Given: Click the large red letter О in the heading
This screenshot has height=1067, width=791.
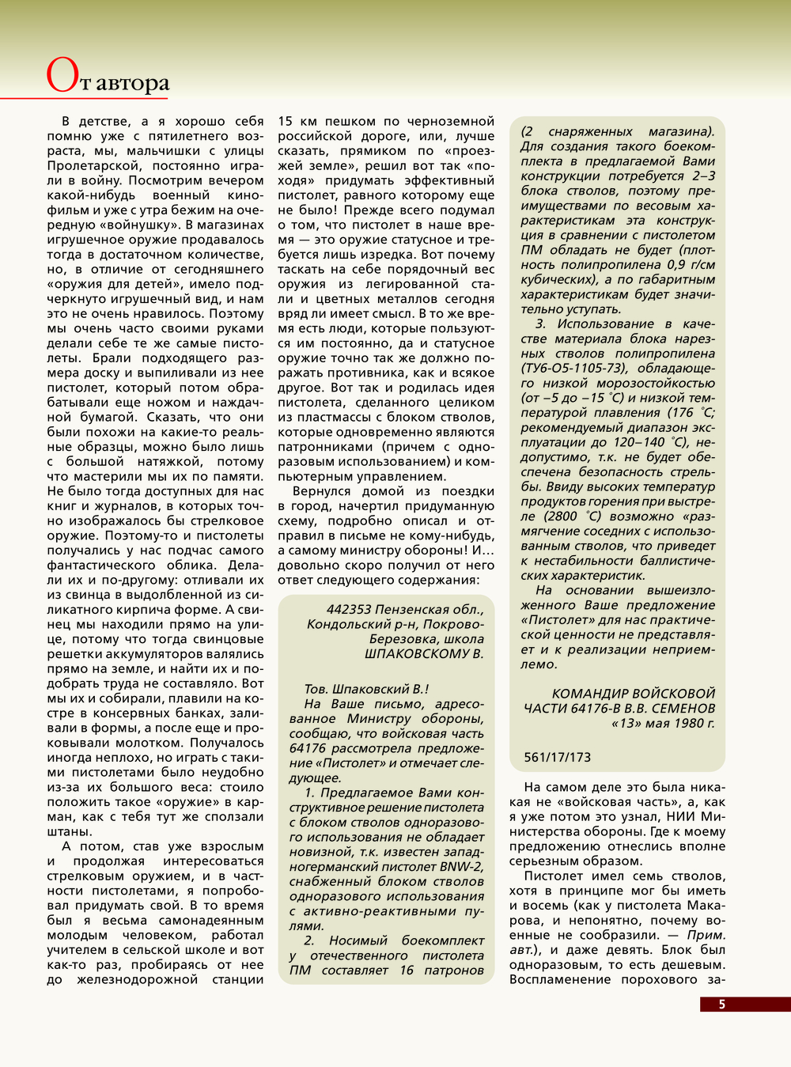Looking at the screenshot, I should pyautogui.click(x=62, y=77).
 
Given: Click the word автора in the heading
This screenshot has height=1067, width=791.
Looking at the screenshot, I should pyautogui.click(x=132, y=83).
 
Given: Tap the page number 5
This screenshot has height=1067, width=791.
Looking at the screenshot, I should pyautogui.click(x=721, y=1004).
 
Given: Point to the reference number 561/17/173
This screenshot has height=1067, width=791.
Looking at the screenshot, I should pyautogui.click(x=557, y=757).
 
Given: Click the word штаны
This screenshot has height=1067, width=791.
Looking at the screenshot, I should pyautogui.click(x=69, y=832).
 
